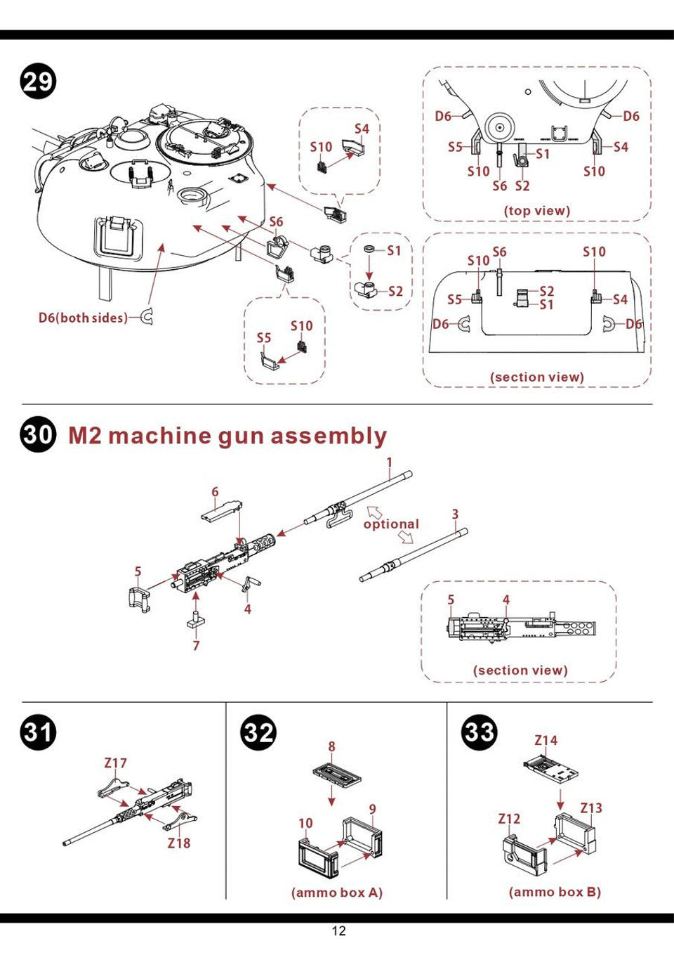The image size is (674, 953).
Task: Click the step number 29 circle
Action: click(x=38, y=82)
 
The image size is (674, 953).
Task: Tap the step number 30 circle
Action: click(x=38, y=434)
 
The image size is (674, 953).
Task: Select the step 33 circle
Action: click(x=479, y=732)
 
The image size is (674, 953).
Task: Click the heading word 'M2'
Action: click(x=85, y=436)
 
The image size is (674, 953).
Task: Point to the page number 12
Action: click(x=338, y=931)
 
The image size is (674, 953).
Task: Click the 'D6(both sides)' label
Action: click(x=83, y=318)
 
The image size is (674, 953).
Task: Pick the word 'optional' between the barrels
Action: click(x=390, y=524)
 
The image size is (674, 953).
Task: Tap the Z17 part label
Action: click(x=115, y=763)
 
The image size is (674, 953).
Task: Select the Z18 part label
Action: click(x=178, y=843)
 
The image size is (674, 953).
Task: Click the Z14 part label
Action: click(x=546, y=740)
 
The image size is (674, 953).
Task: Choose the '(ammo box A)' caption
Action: click(x=337, y=893)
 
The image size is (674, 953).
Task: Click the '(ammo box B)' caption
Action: click(x=555, y=892)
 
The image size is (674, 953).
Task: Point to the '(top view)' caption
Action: click(x=537, y=210)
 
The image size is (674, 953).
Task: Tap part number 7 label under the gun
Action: click(x=196, y=645)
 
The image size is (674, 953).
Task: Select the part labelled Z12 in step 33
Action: click(x=524, y=852)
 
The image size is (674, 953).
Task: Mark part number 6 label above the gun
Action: click(x=215, y=492)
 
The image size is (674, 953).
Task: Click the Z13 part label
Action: click(x=591, y=808)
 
